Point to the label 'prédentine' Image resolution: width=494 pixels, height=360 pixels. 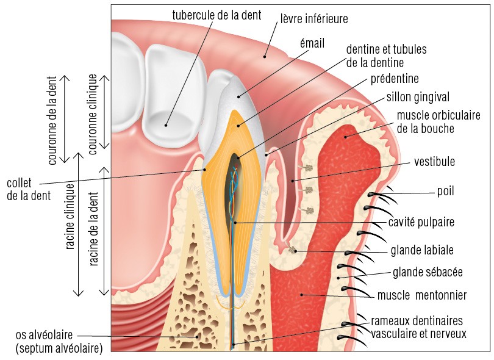(x=395, y=79)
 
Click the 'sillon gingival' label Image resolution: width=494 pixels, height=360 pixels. (x=418, y=97)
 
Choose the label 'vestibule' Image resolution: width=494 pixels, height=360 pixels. (x=434, y=162)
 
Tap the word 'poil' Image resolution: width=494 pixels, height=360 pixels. (x=445, y=191)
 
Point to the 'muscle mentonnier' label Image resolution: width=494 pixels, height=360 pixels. (x=421, y=295)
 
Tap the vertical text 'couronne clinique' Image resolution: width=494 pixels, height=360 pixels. (x=93, y=112)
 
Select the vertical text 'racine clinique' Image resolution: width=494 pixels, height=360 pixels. (x=71, y=217)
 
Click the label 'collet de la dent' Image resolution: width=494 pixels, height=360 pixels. (x=28, y=189)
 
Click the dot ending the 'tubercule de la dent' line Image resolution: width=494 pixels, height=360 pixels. (x=165, y=125)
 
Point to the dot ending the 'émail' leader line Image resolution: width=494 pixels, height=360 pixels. (x=239, y=95)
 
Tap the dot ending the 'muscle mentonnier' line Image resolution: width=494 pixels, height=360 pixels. (x=301, y=295)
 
